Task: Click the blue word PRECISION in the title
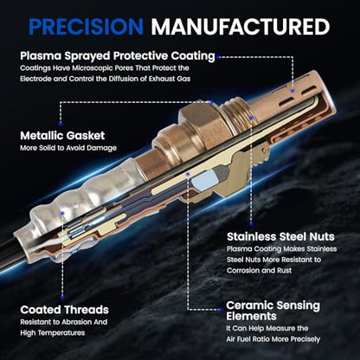click(86, 27)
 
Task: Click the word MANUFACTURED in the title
click(241, 27)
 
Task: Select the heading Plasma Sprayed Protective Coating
click(118, 56)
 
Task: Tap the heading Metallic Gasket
click(62, 135)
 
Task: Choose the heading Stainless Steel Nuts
click(280, 236)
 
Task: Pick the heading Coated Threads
click(64, 310)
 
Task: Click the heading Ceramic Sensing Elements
click(273, 311)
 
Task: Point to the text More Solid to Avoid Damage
click(68, 148)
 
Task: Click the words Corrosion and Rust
click(259, 271)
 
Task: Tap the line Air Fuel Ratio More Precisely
click(273, 339)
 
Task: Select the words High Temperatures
click(53, 333)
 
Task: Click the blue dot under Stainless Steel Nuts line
click(251, 224)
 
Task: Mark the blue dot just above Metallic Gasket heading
click(61, 124)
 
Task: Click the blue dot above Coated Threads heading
click(62, 296)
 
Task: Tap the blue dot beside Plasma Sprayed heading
click(218, 57)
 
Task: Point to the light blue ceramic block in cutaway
click(205, 181)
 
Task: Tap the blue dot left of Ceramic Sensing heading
click(221, 310)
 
